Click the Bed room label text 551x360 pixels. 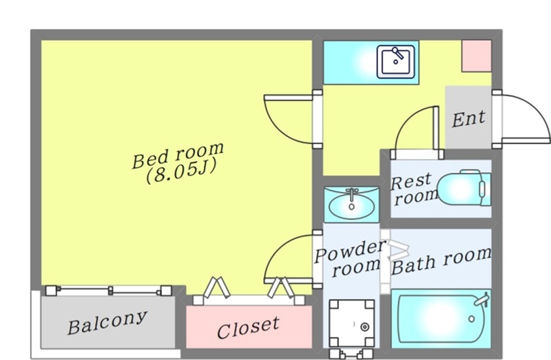click(x=178, y=155)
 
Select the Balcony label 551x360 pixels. click(x=107, y=322)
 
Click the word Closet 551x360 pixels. click(x=248, y=328)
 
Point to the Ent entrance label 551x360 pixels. click(x=468, y=119)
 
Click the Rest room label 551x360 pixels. click(x=414, y=189)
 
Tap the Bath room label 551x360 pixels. click(x=441, y=262)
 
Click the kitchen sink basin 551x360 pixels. click(x=395, y=61)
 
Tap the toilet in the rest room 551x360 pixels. click(x=464, y=188)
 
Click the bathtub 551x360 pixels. click(x=441, y=319)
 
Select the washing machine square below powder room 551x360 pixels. click(x=351, y=323)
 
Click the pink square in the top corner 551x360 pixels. click(x=477, y=56)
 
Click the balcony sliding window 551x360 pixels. click(x=109, y=290)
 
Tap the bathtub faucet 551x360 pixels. click(x=482, y=299)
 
